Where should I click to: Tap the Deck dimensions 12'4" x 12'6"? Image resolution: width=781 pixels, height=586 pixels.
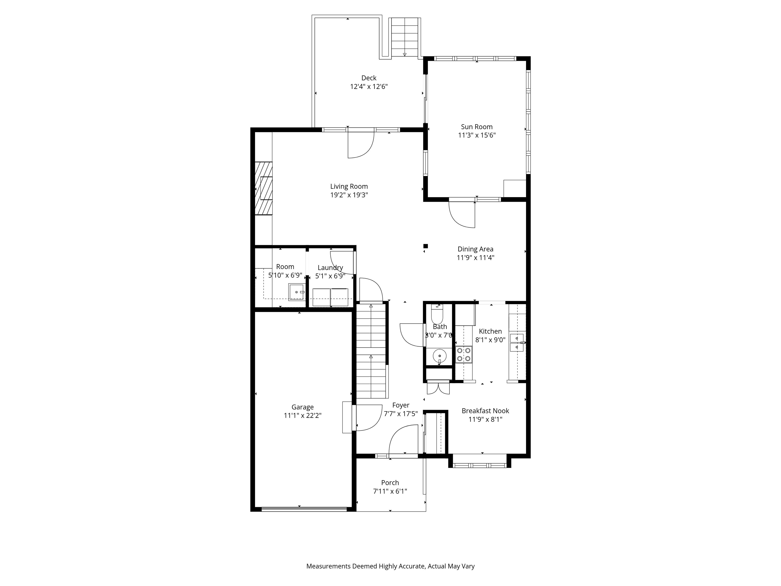click(x=369, y=86)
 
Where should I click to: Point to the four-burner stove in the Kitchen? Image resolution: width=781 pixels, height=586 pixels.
click(x=463, y=355)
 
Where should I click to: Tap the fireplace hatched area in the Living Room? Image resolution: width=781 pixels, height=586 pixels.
click(x=263, y=188)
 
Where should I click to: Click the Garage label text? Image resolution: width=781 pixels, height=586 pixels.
click(x=302, y=407)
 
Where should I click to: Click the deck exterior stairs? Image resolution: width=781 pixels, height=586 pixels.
click(x=405, y=37)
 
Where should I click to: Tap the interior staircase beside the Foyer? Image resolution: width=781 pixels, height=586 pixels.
click(x=371, y=351)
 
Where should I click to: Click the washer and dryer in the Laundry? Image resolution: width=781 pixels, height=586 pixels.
click(x=330, y=297)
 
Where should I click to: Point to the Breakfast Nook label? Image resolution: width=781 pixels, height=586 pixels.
click(x=485, y=411)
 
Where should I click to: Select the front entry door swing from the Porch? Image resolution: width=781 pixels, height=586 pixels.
click(x=402, y=440)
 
